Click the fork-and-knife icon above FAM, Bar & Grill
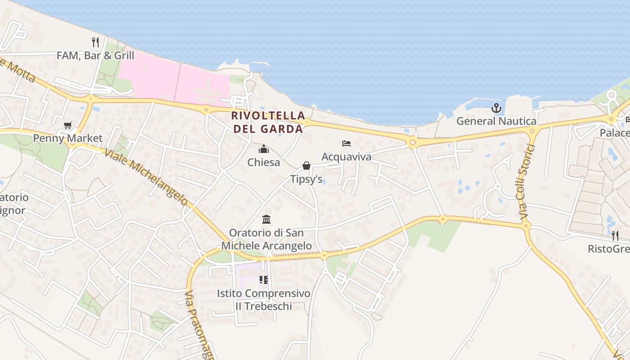[x=95, y=42]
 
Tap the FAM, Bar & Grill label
[x=95, y=55]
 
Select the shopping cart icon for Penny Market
[x=67, y=125]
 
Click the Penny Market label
[x=68, y=138]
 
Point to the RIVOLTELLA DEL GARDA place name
[x=268, y=122]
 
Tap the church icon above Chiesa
[x=264, y=149]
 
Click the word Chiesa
[x=264, y=162]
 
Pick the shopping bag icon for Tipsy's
[x=306, y=166]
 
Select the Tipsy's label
[x=306, y=179]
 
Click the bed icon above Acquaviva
[x=346, y=144]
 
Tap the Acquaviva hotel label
[x=346, y=157]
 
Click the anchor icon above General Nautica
[x=496, y=108]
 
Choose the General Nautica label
[x=496, y=121]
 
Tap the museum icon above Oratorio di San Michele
[x=266, y=220]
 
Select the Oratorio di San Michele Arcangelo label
[x=266, y=239]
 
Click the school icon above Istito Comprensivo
[x=264, y=280]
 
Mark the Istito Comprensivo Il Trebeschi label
[x=264, y=300]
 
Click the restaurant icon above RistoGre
[x=615, y=235]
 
